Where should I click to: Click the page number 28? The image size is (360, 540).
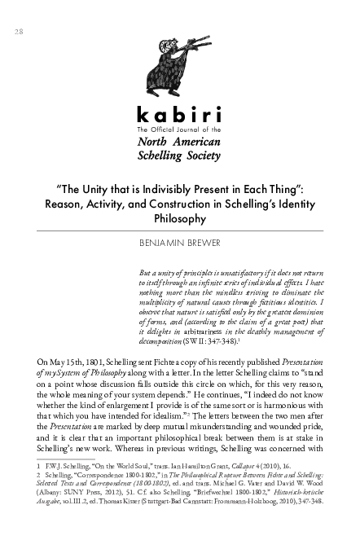19,31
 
